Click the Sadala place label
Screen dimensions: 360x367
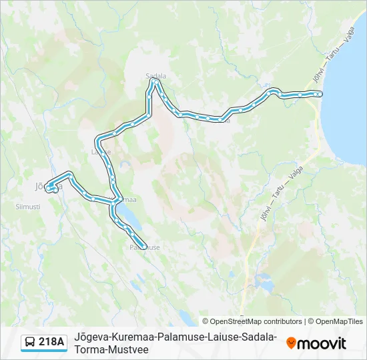pyautogui.click(x=155, y=76)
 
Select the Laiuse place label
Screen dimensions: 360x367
pyautogui.click(x=101, y=151)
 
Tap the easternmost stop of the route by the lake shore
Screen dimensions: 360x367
pyautogui.click(x=320, y=95)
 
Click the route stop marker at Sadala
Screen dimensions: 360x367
pyautogui.click(x=155, y=83)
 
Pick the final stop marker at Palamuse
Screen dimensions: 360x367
pyautogui.click(x=143, y=245)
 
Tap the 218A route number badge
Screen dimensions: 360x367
pyautogui.click(x=51, y=342)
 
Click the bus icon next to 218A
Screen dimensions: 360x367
pyautogui.click(x=30, y=343)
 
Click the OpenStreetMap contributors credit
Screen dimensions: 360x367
pyautogui.click(x=252, y=321)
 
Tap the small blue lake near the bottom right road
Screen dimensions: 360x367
pyautogui.click(x=264, y=285)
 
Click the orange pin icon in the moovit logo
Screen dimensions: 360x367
pyautogui.click(x=291, y=343)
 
